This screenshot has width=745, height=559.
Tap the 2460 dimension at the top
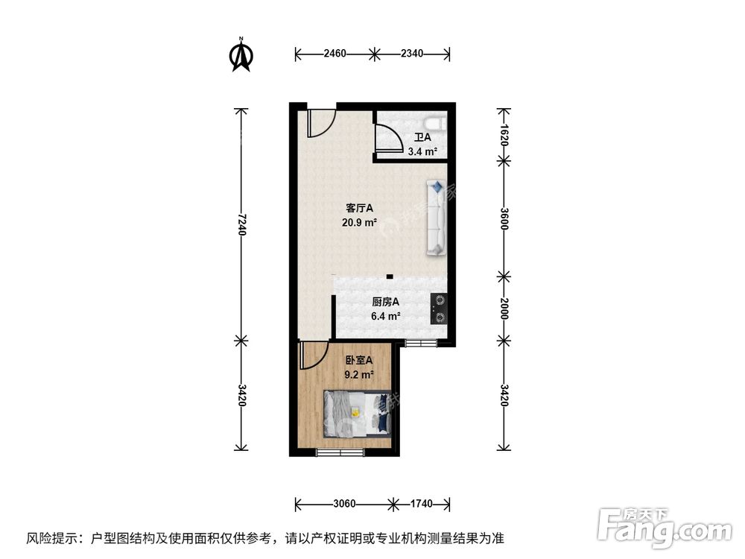click(335, 54)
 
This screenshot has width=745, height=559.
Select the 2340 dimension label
click(412, 54)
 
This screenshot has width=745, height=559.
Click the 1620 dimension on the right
click(504, 135)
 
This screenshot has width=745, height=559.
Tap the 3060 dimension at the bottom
click(343, 504)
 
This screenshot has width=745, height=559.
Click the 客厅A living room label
click(359, 208)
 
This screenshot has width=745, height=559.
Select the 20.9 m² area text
click(360, 222)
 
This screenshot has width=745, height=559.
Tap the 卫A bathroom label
click(422, 138)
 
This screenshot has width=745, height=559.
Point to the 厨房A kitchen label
click(386, 302)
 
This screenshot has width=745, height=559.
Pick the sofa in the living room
click(436, 217)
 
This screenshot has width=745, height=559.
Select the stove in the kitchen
click(440, 309)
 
